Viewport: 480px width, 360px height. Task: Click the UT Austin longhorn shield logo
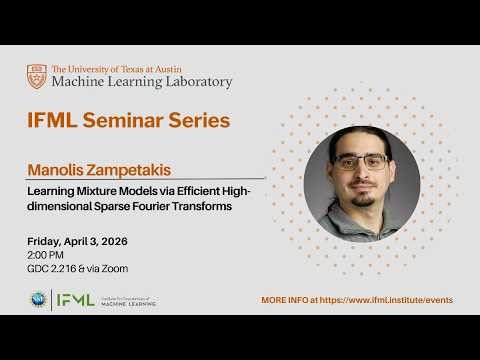click(x=37, y=76)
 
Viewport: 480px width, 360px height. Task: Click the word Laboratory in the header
click(x=194, y=82)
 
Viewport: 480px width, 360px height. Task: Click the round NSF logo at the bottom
click(x=38, y=299)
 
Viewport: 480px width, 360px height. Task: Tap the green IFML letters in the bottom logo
click(x=75, y=299)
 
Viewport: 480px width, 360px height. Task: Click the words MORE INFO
click(x=284, y=300)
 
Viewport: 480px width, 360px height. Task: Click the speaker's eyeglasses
click(x=359, y=161)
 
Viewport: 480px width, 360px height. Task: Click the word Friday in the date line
click(x=44, y=242)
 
